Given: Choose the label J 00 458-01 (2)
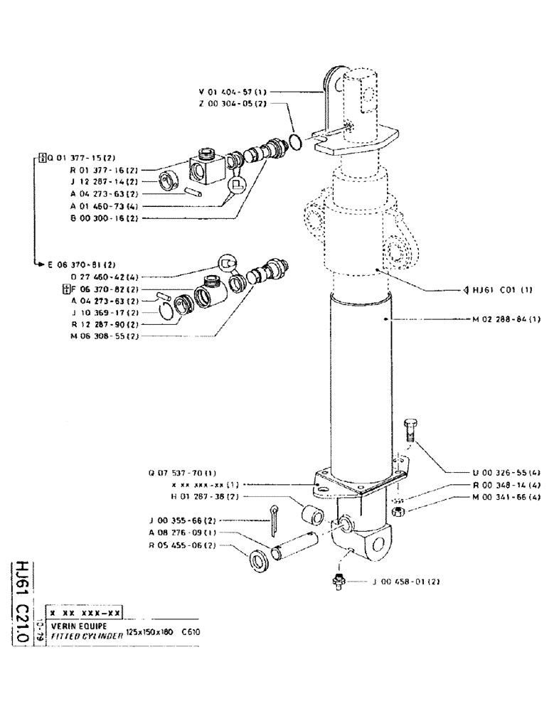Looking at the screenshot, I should coord(406,582).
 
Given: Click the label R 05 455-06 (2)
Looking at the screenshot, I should coord(183,545).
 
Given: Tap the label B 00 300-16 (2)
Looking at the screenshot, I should coord(105,218).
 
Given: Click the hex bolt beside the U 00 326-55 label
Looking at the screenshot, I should coord(408,430).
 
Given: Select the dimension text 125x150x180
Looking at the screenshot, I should coord(149,632).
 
